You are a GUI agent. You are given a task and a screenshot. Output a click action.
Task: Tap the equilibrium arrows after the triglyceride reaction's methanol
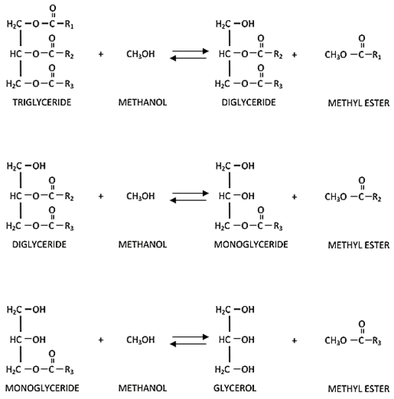point(189,56)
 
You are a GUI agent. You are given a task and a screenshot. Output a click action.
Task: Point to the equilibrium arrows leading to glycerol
point(189,340)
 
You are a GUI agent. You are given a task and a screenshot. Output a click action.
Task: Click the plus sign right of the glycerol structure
point(295,340)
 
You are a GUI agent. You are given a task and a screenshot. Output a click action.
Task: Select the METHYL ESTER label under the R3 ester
point(358,388)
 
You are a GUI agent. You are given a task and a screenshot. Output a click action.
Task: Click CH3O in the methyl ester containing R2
point(335,197)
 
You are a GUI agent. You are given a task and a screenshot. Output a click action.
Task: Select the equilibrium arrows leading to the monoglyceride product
point(189,197)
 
